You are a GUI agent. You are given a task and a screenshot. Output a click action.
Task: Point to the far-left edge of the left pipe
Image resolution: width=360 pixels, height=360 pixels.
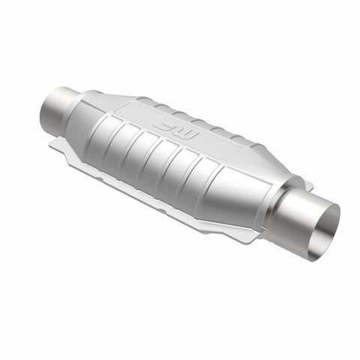(x=42, y=112)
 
